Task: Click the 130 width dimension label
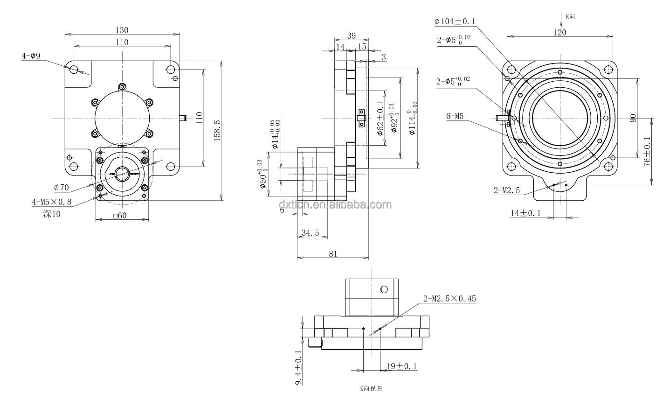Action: (x=122, y=30)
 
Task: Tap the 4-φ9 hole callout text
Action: (x=31, y=56)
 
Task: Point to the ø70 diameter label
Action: (x=61, y=188)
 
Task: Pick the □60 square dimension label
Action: (x=120, y=215)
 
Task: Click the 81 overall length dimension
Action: (x=333, y=253)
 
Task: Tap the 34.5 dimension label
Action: (x=310, y=232)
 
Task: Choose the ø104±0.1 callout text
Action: (x=454, y=21)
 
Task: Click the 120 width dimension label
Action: (x=559, y=32)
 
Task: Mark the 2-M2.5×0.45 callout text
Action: (x=449, y=299)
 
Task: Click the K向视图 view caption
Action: (x=371, y=388)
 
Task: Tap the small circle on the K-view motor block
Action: (x=384, y=289)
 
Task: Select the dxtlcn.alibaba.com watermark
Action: (x=335, y=204)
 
